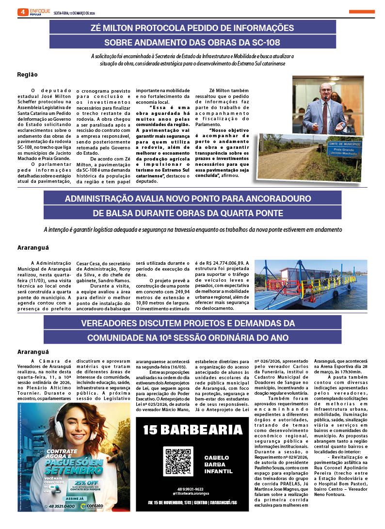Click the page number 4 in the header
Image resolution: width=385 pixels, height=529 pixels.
pos(22,12)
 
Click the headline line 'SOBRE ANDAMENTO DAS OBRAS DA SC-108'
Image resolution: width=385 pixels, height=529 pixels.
pos(192,42)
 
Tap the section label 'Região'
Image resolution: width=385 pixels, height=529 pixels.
pos(27,75)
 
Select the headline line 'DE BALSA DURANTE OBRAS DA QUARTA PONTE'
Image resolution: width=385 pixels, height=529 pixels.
pos(192,213)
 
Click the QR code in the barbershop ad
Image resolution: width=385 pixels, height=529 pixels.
pos(178,461)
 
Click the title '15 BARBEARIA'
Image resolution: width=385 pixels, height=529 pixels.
pos(192,430)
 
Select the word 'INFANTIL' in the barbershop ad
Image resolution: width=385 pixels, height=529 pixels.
pos(218,471)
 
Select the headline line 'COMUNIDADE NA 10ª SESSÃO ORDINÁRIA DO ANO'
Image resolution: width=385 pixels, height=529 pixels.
pos(192,337)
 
